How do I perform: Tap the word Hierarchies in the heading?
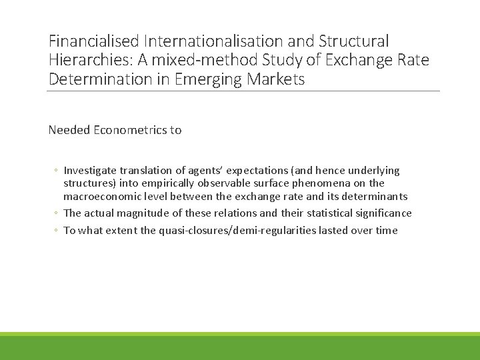click(89, 61)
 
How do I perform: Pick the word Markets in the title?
click(279, 79)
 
